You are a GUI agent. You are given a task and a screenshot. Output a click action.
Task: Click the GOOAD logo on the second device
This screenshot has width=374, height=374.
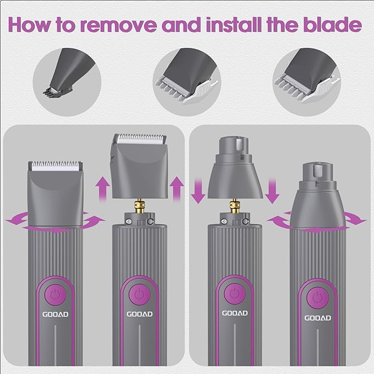click(x=139, y=313)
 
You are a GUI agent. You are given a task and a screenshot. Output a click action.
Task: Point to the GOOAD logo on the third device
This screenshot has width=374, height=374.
click(x=235, y=313)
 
